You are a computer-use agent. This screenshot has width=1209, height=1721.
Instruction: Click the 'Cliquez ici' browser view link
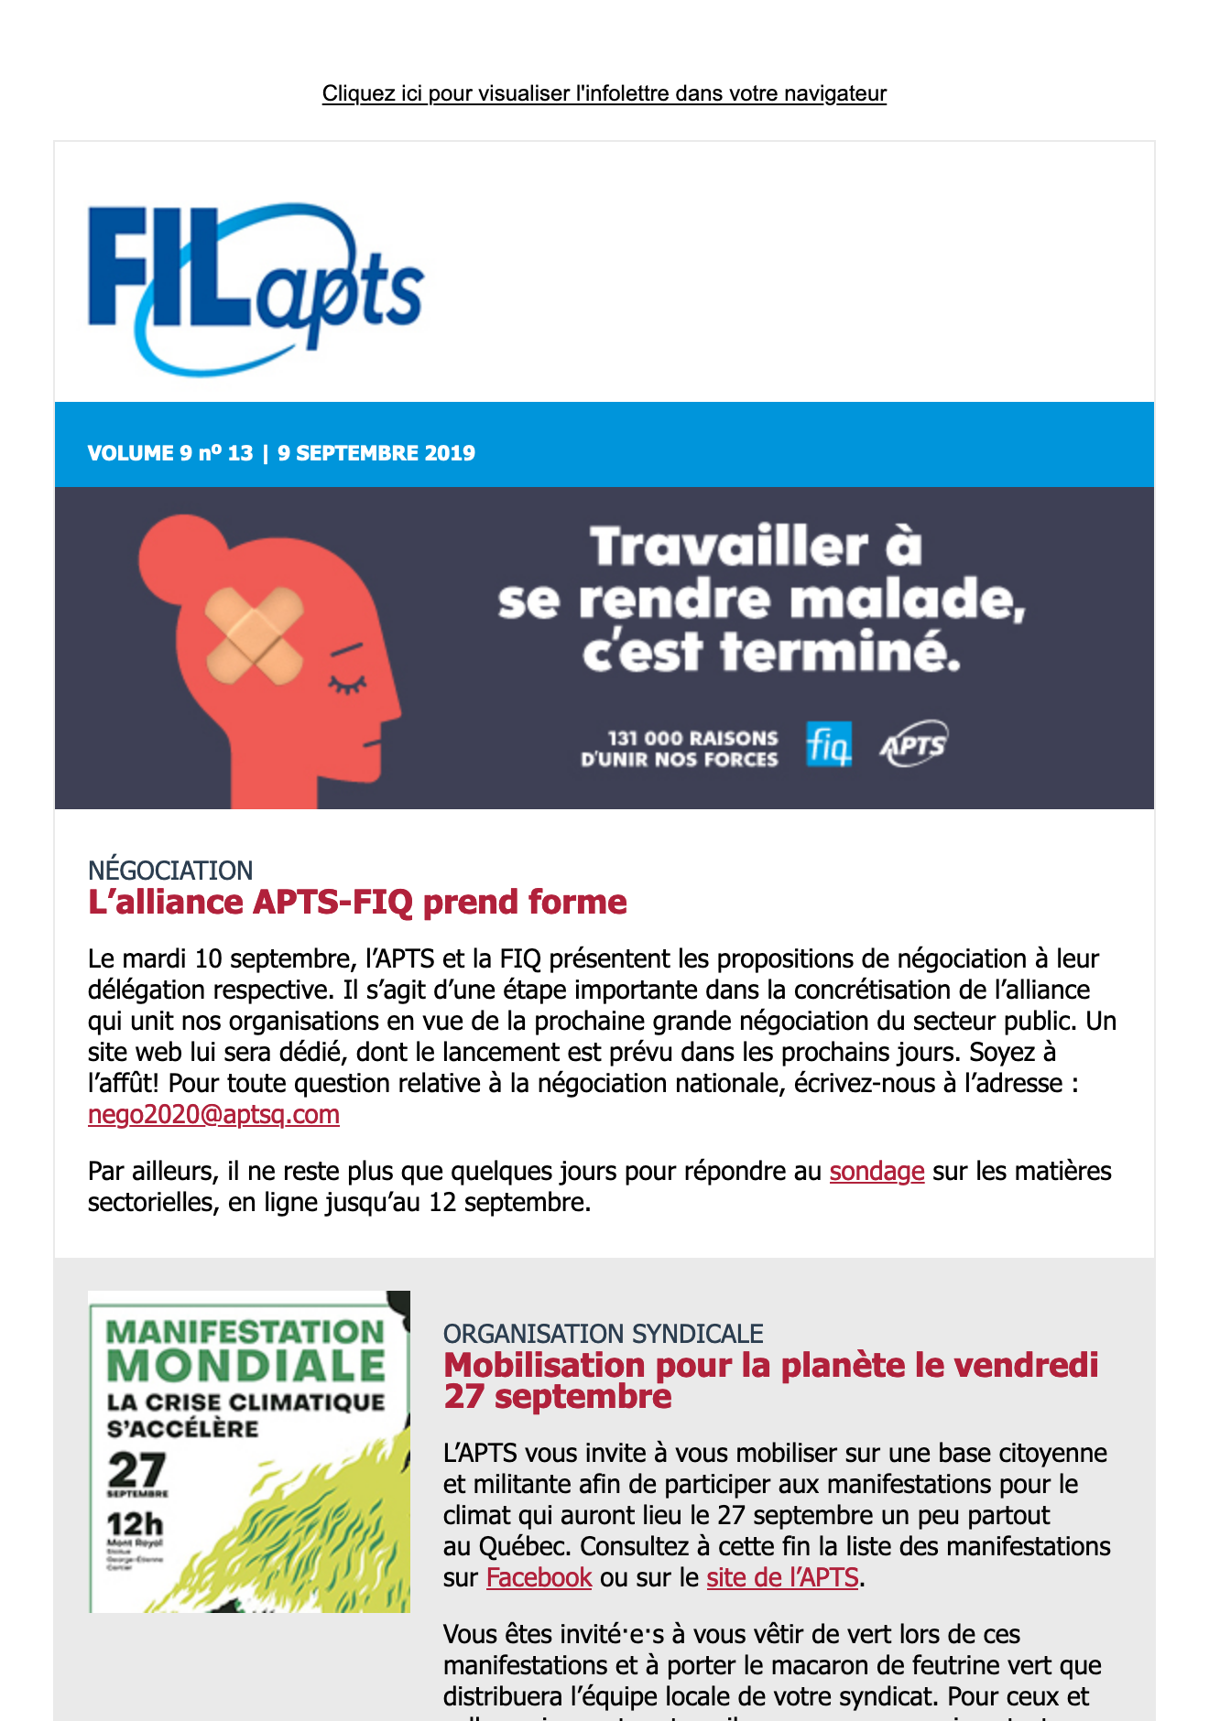(604, 93)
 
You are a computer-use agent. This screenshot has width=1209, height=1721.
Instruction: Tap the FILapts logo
(256, 287)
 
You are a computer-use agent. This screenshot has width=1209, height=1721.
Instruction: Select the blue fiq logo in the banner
(828, 745)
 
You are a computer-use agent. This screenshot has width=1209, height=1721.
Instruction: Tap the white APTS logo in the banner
(913, 745)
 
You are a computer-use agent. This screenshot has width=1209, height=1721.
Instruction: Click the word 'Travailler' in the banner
(729, 547)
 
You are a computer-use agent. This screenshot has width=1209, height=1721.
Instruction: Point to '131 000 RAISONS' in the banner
(692, 738)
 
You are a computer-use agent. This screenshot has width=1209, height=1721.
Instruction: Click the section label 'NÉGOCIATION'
(170, 870)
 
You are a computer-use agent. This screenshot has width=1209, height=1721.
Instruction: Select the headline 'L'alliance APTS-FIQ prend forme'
(357, 903)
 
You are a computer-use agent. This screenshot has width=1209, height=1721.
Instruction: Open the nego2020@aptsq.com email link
(213, 1115)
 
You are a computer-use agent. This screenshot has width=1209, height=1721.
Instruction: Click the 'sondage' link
(877, 1172)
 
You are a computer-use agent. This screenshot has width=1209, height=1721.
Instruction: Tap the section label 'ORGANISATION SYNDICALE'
(603, 1334)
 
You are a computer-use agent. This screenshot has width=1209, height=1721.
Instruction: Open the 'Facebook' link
(539, 1578)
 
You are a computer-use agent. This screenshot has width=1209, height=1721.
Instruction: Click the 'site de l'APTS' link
(782, 1578)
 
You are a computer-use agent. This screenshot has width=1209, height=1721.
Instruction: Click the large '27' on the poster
(137, 1470)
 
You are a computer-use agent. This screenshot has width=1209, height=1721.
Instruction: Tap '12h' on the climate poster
(135, 1525)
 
